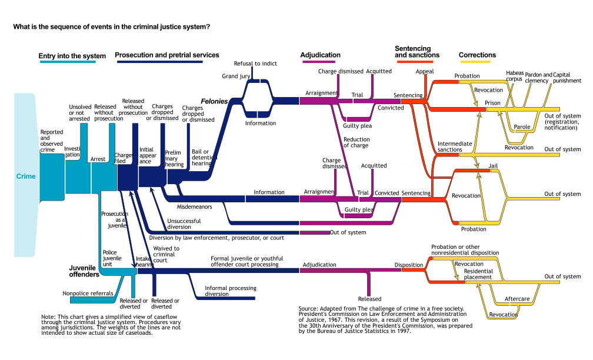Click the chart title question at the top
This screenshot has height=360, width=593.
pyautogui.click(x=112, y=27)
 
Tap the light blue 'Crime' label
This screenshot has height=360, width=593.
pyautogui.click(x=26, y=176)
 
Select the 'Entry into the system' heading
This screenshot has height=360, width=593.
pyautogui.click(x=72, y=56)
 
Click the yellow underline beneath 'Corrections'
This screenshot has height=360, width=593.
pyautogui.click(x=475, y=62)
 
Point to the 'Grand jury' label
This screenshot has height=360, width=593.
pyautogui.click(x=236, y=76)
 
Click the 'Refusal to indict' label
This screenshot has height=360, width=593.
pyautogui.click(x=255, y=64)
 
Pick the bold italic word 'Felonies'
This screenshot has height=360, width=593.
pyautogui.click(x=214, y=101)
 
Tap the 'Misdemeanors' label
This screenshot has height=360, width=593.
pyautogui.click(x=194, y=207)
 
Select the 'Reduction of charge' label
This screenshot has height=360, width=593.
pyautogui.click(x=357, y=142)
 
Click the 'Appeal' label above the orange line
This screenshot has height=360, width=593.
pyautogui.click(x=425, y=72)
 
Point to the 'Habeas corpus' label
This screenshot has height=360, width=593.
pyautogui.click(x=515, y=76)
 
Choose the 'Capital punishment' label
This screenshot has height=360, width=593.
pyautogui.click(x=567, y=78)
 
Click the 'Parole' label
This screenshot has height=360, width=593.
pyautogui.click(x=522, y=126)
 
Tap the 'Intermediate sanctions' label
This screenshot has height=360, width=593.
pyautogui.click(x=455, y=146)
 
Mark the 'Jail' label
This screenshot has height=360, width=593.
pyautogui.click(x=493, y=166)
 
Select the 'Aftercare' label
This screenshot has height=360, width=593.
pyautogui.click(x=517, y=299)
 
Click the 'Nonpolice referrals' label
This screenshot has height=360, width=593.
pyautogui.click(x=88, y=293)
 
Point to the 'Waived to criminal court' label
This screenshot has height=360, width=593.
pyautogui.click(x=166, y=254)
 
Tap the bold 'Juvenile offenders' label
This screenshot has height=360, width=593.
pyautogui.click(x=84, y=271)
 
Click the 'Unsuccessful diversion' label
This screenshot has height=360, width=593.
pyautogui.click(x=184, y=224)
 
